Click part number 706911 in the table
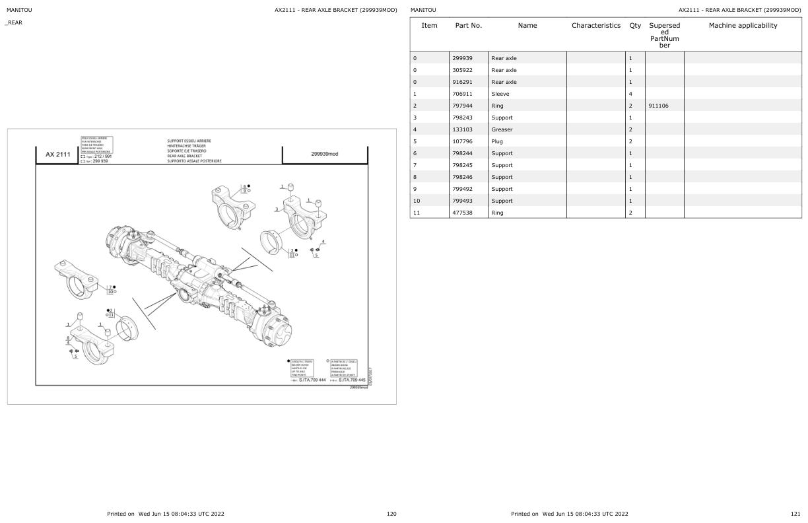(x=462, y=94)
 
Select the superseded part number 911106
(x=658, y=106)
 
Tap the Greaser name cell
(x=502, y=129)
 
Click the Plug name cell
(x=498, y=141)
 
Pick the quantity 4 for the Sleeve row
(x=630, y=94)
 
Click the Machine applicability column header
(x=743, y=26)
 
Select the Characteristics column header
(x=595, y=26)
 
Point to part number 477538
(x=462, y=213)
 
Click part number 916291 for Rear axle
(x=462, y=82)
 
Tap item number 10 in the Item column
(x=417, y=201)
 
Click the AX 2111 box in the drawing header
(x=57, y=155)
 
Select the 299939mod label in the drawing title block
(x=324, y=154)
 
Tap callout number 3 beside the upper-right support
(x=276, y=209)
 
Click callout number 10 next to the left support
(x=110, y=291)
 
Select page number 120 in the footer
(x=391, y=514)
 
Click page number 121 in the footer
(x=795, y=514)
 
